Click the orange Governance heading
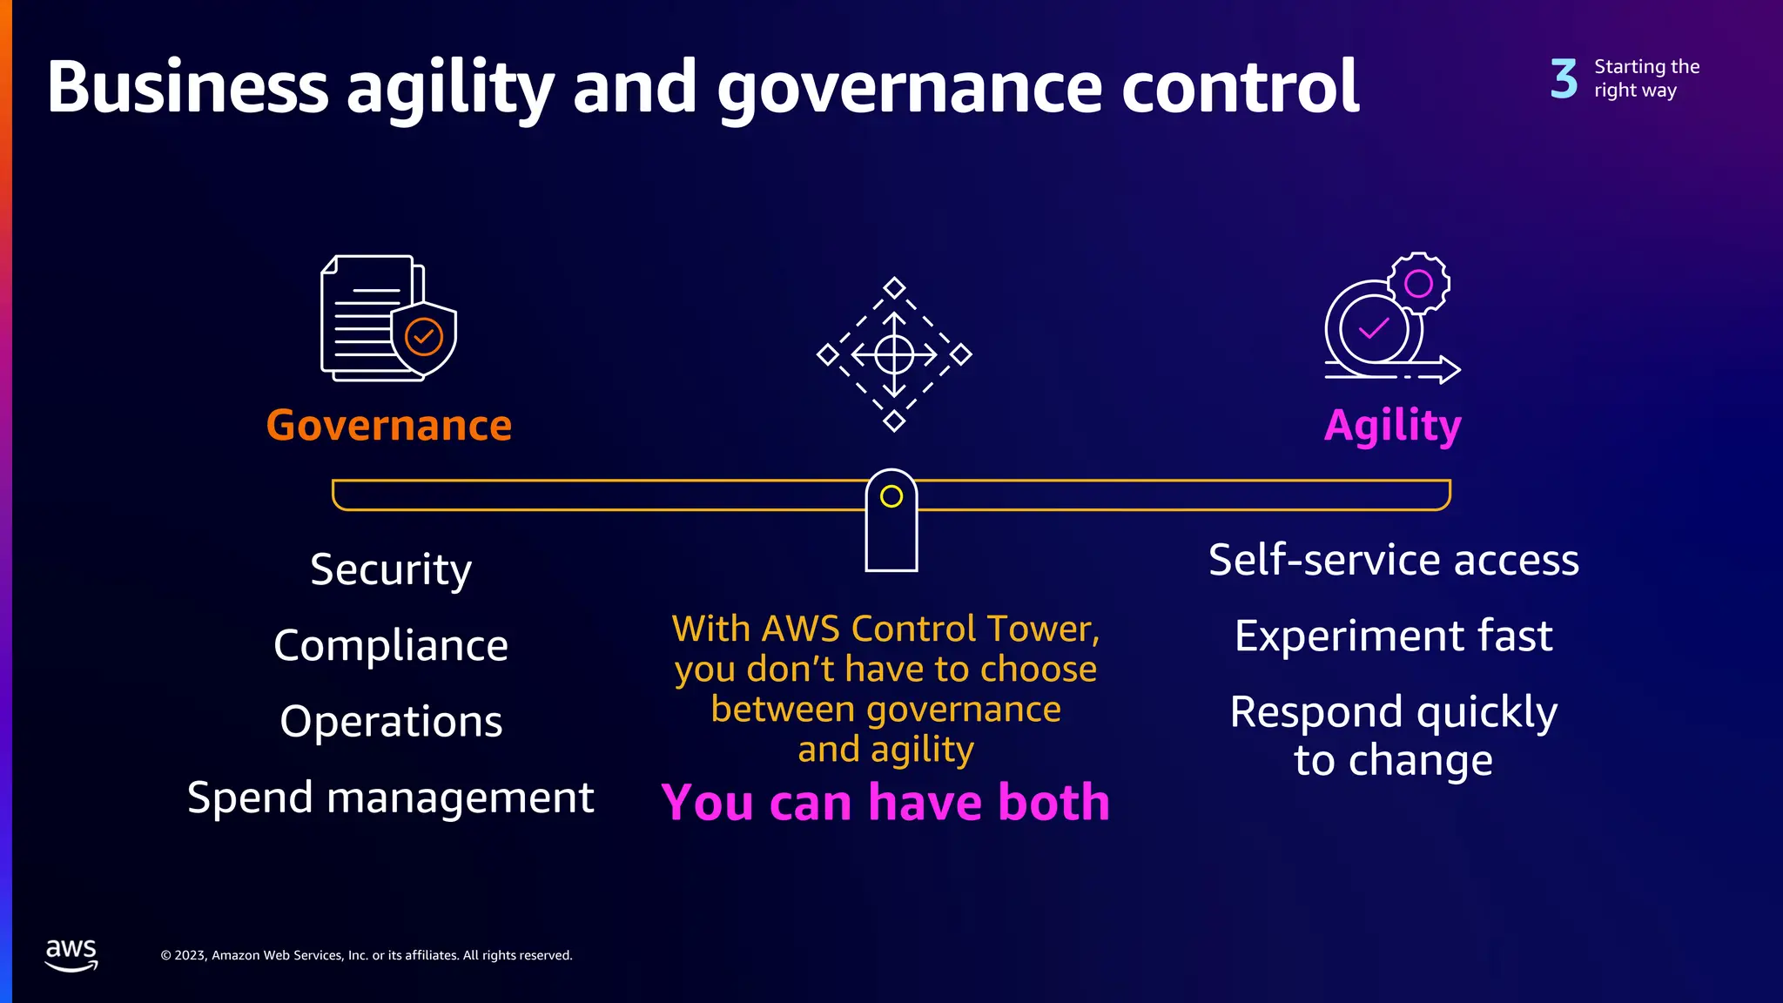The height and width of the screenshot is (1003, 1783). tap(388, 426)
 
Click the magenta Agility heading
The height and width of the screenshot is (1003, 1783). tap(1392, 426)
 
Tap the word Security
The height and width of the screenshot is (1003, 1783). tap(391, 570)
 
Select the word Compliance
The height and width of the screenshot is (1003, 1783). tap(391, 646)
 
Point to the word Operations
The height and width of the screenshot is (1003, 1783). tap(391, 722)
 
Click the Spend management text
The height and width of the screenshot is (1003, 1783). tap(391, 798)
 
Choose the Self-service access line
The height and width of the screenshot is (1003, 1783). tap(1393, 560)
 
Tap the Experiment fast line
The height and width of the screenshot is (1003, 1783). tap(1393, 636)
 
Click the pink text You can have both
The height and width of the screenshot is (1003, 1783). tap(885, 802)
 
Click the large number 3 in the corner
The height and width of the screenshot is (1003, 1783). tap(1564, 78)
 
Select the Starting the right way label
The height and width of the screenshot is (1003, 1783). tap(1645, 78)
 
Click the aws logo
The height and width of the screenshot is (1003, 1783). tap(71, 954)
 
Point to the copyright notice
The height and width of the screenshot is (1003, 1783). tap(367, 955)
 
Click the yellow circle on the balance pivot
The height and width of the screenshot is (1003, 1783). tap(891, 496)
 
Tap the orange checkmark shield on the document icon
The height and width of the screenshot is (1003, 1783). tap(424, 336)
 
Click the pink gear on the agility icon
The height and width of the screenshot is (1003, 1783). tap(1418, 283)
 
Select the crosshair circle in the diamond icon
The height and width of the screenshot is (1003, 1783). tap(894, 354)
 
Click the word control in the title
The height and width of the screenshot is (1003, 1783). tap(1240, 87)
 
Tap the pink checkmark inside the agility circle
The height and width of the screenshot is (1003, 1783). tap(1374, 328)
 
